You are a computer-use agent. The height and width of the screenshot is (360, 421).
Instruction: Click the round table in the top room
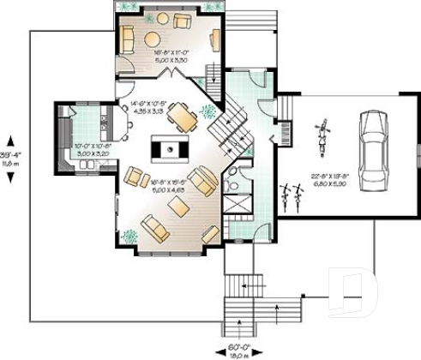click(x=153, y=39)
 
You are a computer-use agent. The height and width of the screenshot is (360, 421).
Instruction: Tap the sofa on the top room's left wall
click(x=126, y=39)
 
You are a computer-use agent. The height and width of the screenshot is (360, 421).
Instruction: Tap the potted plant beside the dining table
click(x=207, y=111)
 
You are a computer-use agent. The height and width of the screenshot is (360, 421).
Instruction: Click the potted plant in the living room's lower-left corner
click(x=129, y=235)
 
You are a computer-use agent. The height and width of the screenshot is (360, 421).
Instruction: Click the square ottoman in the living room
click(x=177, y=207)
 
